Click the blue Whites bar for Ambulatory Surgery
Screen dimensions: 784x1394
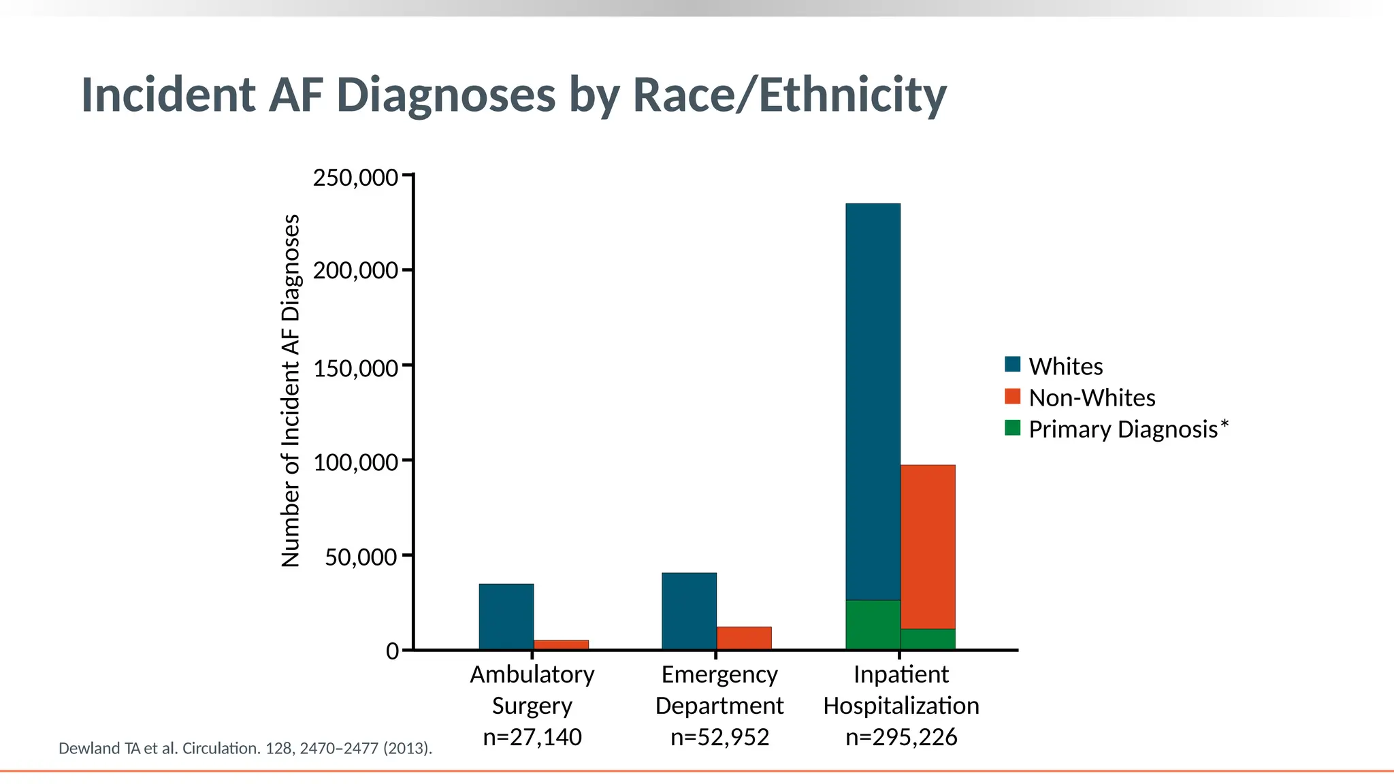[x=506, y=617]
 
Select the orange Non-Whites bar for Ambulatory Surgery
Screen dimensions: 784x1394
[x=561, y=644]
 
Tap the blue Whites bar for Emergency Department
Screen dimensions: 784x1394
[x=689, y=611]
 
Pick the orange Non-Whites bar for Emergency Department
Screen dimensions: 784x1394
[x=744, y=638]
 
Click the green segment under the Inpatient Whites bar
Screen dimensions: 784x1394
[x=873, y=625]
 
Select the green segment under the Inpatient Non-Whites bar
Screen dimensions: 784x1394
[x=928, y=639]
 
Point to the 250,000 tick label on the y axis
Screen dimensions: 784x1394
[x=355, y=178]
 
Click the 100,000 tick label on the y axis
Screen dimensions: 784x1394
[x=355, y=463]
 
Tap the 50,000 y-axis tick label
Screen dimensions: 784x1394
[x=361, y=557]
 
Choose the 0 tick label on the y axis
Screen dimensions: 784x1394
[x=392, y=651]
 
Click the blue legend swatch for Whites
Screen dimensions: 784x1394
[x=1013, y=364]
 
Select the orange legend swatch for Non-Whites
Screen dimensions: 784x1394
[x=1013, y=396]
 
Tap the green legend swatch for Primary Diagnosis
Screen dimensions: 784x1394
[x=1013, y=427]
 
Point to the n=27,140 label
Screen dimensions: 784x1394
[x=532, y=737]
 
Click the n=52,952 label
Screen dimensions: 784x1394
[x=719, y=737]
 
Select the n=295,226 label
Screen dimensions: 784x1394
[x=901, y=737]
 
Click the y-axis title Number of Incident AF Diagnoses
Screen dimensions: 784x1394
[x=291, y=391]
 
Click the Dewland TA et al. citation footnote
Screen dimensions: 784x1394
[x=245, y=749]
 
